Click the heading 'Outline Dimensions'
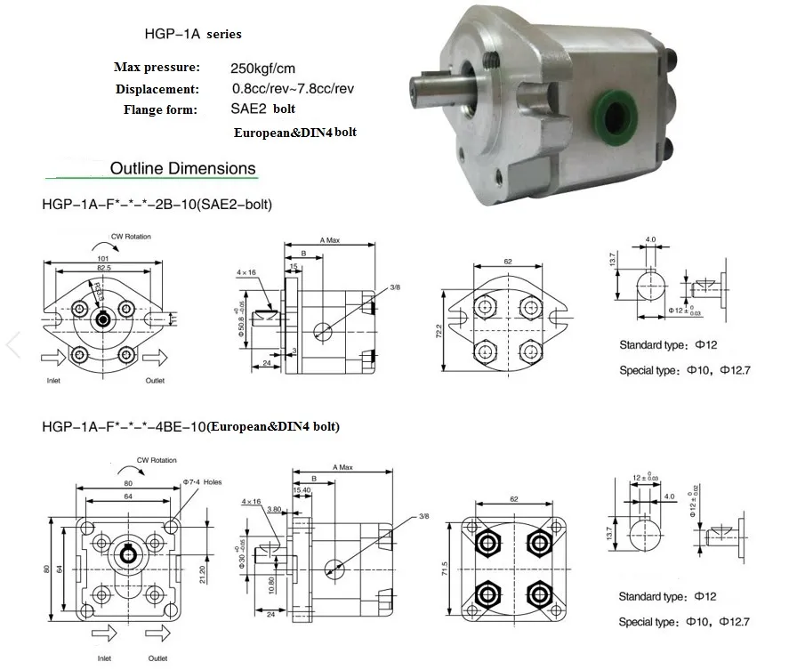pos(182,168)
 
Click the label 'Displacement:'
pos(157,89)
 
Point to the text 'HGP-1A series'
pos(193,34)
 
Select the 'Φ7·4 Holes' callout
pos(201,481)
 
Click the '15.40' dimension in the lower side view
pos(302,489)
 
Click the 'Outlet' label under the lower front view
pos(157,658)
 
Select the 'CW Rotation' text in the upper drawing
pos(131,237)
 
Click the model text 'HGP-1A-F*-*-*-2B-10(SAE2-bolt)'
pos(157,205)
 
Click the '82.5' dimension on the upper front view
pos(104,267)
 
